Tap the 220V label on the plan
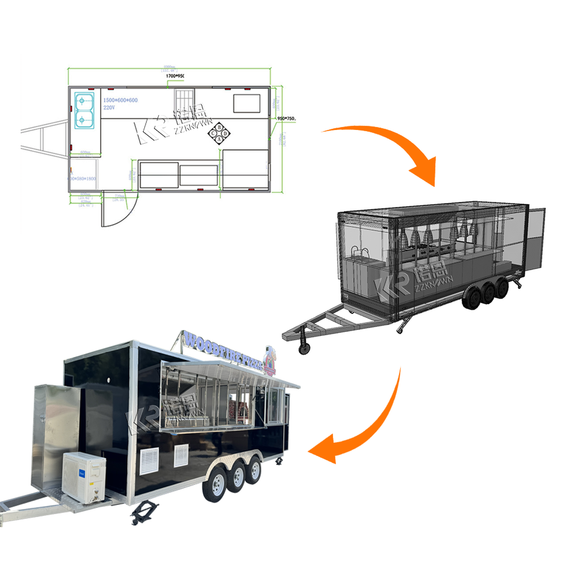(108, 107)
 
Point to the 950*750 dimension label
(287, 119)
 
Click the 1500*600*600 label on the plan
(120, 99)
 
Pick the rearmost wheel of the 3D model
(501, 288)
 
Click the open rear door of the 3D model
(536, 239)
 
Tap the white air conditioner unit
(84, 476)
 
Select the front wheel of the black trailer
(214, 484)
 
